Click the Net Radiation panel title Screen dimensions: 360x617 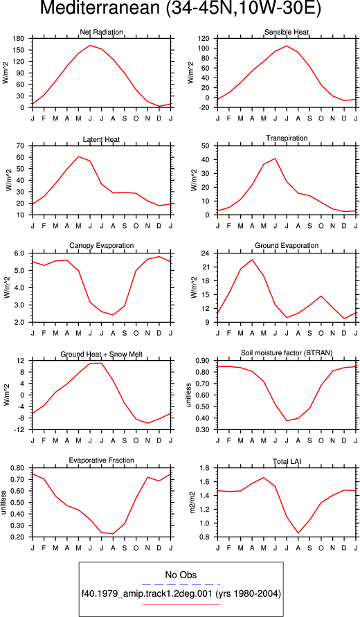[101, 32]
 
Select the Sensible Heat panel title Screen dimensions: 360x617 [287, 32]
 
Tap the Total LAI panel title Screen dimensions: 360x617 [287, 460]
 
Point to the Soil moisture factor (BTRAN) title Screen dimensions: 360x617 [287, 353]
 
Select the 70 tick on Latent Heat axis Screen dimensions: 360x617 [21, 146]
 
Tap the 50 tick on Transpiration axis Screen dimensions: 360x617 [206, 146]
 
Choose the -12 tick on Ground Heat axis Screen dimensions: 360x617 [19, 430]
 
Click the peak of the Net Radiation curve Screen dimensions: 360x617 [90, 45]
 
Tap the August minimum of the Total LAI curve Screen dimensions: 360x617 [298, 533]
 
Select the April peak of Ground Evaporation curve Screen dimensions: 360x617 [252, 260]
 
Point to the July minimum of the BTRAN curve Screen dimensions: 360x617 [275, 420]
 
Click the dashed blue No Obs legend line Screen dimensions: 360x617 [181, 584]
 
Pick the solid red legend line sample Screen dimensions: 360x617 [181, 604]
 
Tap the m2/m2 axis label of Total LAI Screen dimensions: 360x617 [192, 503]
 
